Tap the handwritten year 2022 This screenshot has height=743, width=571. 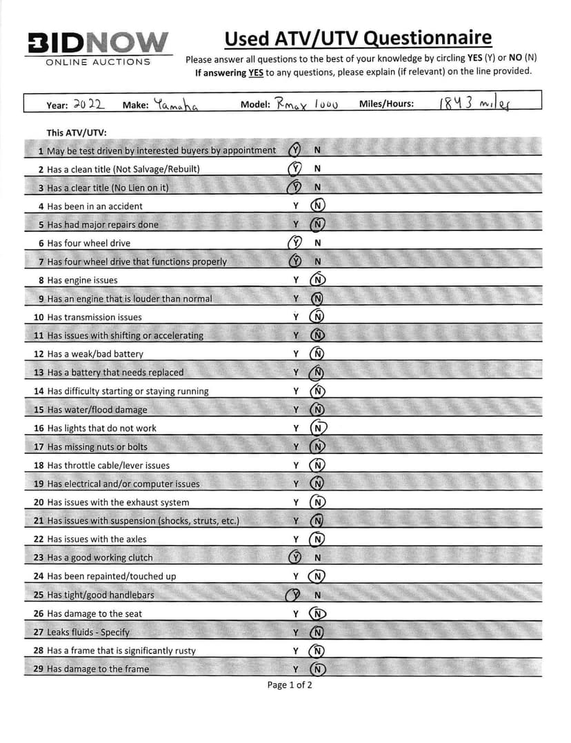click(x=88, y=104)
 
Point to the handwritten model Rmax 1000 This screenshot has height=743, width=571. click(x=306, y=104)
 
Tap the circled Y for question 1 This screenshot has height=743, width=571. click(x=295, y=150)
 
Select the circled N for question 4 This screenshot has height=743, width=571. click(x=317, y=206)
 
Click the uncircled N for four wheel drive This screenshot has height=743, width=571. click(x=317, y=243)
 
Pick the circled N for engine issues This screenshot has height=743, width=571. click(x=317, y=280)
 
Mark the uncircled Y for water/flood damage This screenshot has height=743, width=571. click(x=295, y=410)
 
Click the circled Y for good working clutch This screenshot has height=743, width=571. click(x=295, y=557)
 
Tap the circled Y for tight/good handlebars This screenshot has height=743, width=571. click(x=294, y=595)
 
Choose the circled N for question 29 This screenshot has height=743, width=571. click(x=317, y=669)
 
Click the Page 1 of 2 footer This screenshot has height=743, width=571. click(x=290, y=685)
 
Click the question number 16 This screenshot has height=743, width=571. click(x=39, y=428)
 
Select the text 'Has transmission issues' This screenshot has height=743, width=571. click(x=94, y=317)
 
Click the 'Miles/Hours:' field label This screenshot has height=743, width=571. click(x=386, y=105)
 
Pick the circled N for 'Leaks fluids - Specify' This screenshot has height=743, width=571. click(x=317, y=632)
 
